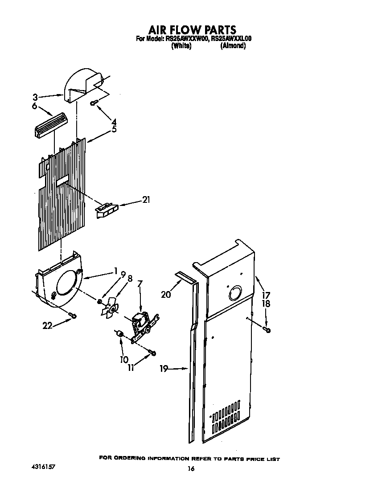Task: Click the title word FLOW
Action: click(x=186, y=30)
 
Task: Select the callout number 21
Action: click(x=146, y=200)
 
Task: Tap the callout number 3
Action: click(x=35, y=96)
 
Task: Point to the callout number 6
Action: click(x=35, y=106)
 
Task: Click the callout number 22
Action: click(x=47, y=326)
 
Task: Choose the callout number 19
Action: click(x=164, y=369)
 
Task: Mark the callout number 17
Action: click(x=266, y=295)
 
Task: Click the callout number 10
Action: click(x=123, y=359)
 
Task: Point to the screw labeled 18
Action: click(x=267, y=330)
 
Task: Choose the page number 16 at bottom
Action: click(x=191, y=469)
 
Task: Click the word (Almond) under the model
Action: click(x=233, y=46)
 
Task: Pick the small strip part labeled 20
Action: click(x=185, y=277)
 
